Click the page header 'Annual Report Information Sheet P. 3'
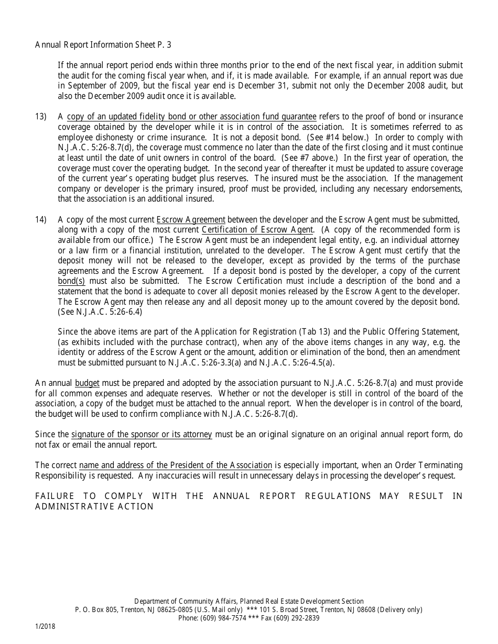(x=103, y=45)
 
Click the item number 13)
(x=41, y=116)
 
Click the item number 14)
(x=41, y=220)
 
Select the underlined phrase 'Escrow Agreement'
(x=191, y=220)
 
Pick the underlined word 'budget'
(x=88, y=384)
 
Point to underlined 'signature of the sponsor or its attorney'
(x=142, y=435)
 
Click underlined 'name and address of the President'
(x=175, y=465)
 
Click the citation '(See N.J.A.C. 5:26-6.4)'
(x=100, y=312)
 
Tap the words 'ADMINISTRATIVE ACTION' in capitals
(x=94, y=506)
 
